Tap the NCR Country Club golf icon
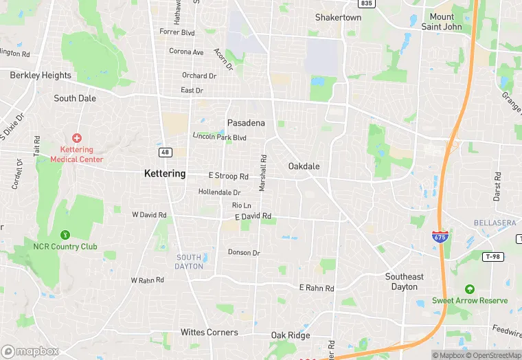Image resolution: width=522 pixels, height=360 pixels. [x=65, y=236]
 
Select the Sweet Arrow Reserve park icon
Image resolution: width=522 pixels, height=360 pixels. [x=470, y=289]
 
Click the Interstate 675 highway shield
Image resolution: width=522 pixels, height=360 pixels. [x=440, y=236]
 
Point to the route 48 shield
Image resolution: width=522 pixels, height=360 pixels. [x=165, y=152]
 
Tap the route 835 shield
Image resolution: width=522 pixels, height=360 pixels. [x=367, y=3]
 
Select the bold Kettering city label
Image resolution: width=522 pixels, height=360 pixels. [x=165, y=174]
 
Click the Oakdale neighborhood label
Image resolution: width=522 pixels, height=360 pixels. [x=304, y=166]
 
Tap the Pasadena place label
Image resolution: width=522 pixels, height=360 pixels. [x=246, y=123]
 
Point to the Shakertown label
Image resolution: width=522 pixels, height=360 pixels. [x=338, y=17]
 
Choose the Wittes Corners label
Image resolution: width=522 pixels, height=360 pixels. [x=209, y=333]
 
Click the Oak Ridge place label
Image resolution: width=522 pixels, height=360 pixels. [x=290, y=335]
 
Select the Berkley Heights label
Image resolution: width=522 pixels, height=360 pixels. [x=41, y=76]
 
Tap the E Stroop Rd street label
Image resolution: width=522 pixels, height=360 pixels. [x=228, y=177]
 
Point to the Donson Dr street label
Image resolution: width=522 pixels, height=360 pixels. [x=244, y=253]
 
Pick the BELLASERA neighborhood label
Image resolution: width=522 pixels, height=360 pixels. [x=495, y=223]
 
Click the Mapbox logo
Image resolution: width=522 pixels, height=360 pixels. [x=30, y=351]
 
